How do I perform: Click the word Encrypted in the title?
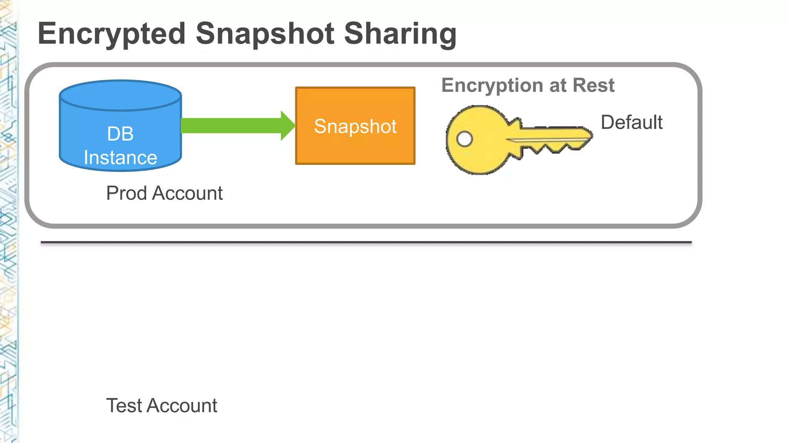coord(112,34)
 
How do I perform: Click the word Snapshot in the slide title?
coord(265,34)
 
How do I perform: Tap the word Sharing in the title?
coord(400,34)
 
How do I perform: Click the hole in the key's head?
coord(464,139)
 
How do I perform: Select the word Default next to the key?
coord(631,122)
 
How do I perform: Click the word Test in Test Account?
coord(124,406)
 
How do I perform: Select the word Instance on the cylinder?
coord(120,158)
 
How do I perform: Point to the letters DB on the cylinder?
coord(120,134)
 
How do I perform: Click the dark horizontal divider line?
coord(366,243)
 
